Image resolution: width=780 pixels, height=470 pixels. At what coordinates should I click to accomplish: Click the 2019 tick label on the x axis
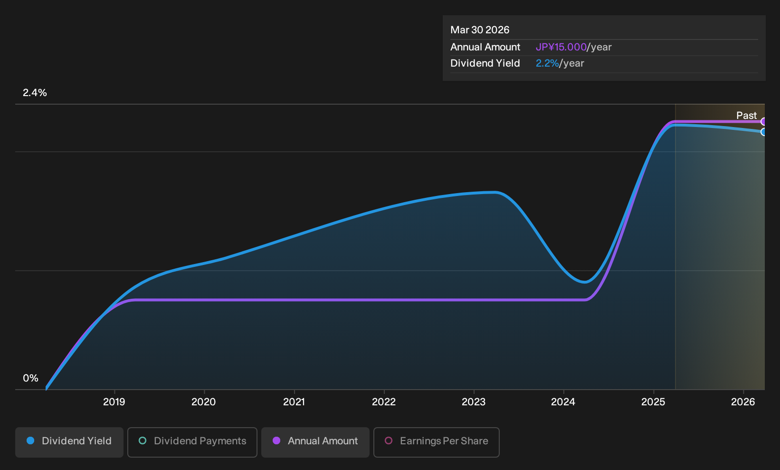tap(114, 402)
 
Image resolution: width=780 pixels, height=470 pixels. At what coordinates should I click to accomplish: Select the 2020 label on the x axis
tap(204, 402)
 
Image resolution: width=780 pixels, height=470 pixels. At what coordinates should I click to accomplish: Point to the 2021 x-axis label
tap(294, 402)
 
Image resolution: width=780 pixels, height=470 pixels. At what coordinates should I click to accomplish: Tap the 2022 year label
tap(384, 402)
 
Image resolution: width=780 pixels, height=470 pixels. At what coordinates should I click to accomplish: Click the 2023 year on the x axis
tap(474, 402)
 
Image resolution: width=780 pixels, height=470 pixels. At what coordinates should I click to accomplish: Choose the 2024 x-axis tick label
tap(563, 402)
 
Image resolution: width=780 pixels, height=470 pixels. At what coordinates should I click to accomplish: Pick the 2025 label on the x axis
tap(653, 402)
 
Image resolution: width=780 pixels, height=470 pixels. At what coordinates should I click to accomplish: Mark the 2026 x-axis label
tap(743, 402)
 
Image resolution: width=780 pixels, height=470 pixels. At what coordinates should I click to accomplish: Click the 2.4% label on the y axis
tap(35, 93)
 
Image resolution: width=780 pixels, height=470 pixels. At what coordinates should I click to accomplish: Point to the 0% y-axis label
tap(31, 378)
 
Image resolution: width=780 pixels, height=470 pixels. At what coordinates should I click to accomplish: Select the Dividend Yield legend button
tap(69, 442)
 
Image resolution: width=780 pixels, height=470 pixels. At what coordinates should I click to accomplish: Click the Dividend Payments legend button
tap(192, 442)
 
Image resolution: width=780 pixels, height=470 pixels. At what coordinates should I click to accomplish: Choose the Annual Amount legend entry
tap(315, 442)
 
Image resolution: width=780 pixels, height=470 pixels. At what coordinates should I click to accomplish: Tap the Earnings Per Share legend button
tap(436, 442)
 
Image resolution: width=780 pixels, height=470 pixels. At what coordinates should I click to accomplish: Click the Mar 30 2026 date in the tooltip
tap(480, 30)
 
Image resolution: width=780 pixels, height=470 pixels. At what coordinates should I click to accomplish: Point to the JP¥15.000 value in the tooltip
tap(561, 47)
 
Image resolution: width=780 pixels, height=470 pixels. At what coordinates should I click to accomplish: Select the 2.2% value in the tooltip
tap(547, 63)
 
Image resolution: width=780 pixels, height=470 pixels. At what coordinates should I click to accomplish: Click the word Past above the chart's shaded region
tap(747, 116)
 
